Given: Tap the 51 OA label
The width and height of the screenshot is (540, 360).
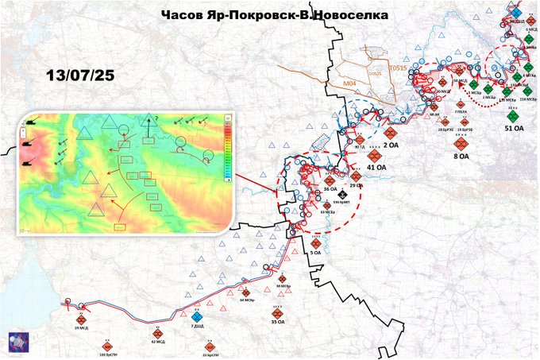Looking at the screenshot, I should click(x=514, y=127).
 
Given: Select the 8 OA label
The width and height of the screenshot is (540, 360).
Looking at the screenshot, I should click(x=461, y=157).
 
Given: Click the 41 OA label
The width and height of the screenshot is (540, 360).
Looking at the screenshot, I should click(x=376, y=168).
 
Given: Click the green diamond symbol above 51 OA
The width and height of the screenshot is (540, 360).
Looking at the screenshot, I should click(x=513, y=116).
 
